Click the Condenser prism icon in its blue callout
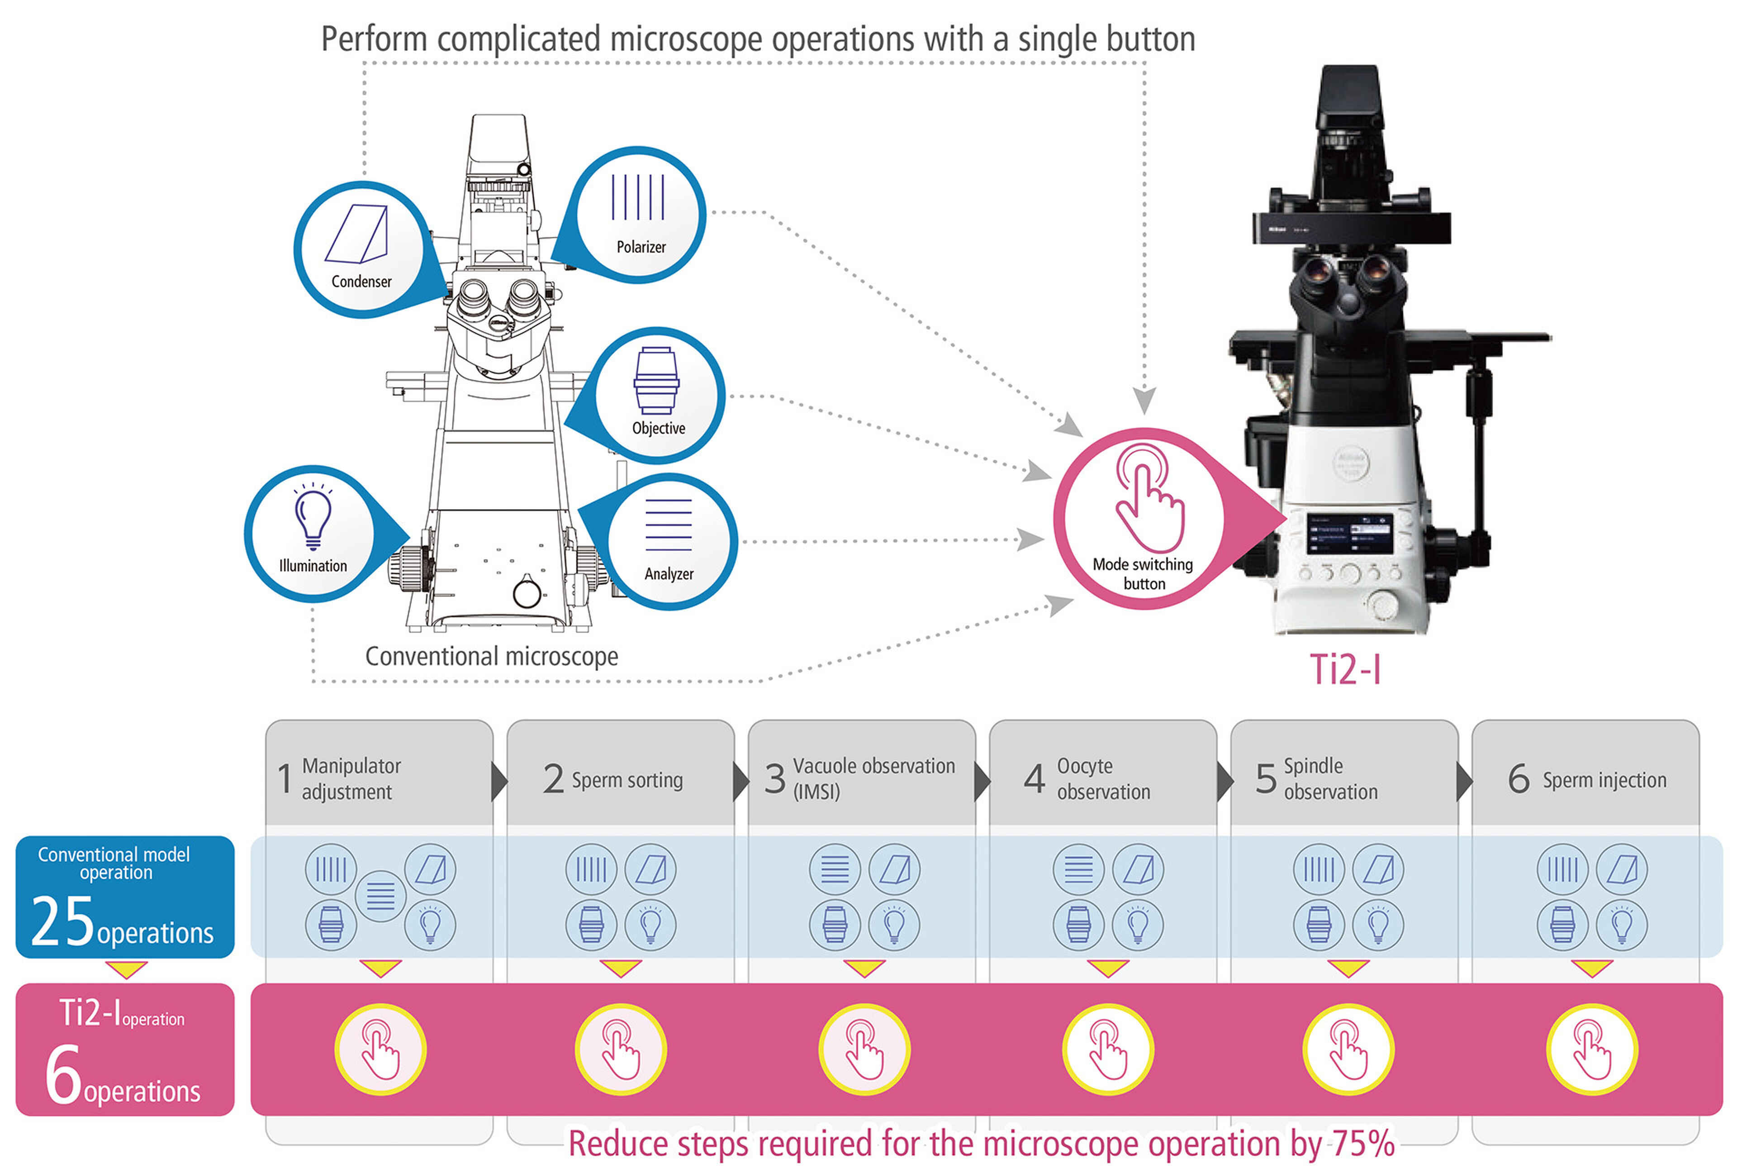(357, 234)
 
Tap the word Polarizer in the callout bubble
(641, 247)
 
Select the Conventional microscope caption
(491, 657)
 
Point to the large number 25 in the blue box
(63, 922)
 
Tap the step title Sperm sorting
(627, 780)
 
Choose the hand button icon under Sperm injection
(1591, 1050)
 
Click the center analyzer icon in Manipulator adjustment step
(380, 896)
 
